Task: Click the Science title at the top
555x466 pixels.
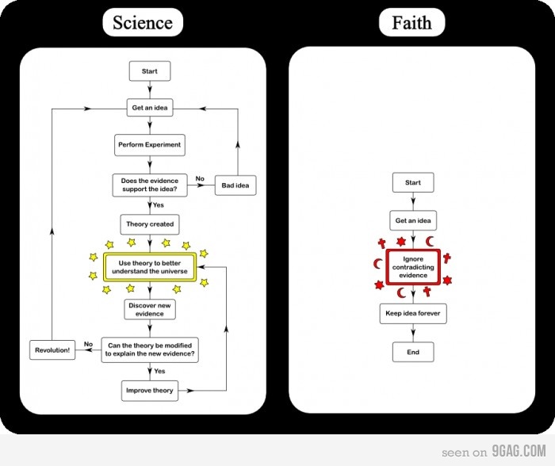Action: click(x=143, y=22)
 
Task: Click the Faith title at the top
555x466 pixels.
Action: click(x=411, y=22)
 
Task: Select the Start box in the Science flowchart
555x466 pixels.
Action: click(x=150, y=71)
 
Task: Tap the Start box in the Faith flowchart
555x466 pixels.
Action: click(x=413, y=182)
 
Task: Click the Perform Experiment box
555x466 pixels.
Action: click(x=150, y=145)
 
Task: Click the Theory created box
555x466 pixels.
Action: click(x=150, y=224)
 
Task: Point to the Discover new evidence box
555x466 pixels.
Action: click(x=150, y=309)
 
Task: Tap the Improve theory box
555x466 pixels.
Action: click(x=150, y=390)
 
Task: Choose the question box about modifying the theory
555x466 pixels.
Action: click(x=150, y=350)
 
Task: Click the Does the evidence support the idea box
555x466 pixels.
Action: click(x=150, y=185)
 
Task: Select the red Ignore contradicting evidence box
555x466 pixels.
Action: click(x=413, y=267)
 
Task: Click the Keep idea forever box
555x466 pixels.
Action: click(x=413, y=314)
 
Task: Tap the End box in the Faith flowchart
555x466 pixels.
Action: click(x=413, y=352)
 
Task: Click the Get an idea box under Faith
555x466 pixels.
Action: click(x=413, y=220)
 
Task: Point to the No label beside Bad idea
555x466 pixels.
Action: click(x=200, y=178)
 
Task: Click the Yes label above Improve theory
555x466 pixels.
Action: click(x=159, y=371)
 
